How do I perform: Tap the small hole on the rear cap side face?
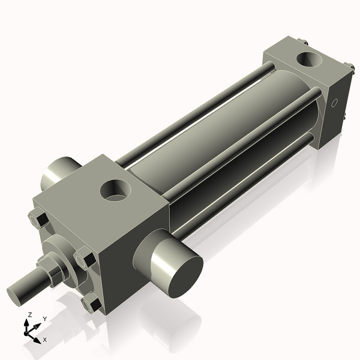click(335, 103)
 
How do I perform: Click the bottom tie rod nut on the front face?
click(90, 304)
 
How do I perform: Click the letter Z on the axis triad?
click(28, 314)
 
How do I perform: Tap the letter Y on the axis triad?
click(44, 319)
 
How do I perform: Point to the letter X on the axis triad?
click(45, 340)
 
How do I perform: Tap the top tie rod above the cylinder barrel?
click(198, 108)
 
